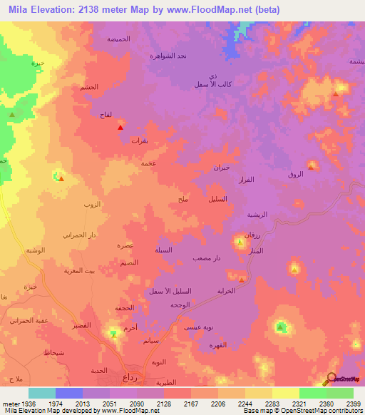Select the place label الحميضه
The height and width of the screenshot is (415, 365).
click(118, 39)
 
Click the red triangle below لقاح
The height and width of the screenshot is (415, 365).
click(120, 128)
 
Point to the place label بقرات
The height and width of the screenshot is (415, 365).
click(139, 140)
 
